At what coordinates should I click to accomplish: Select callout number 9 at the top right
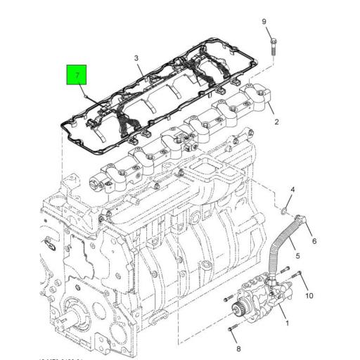265,22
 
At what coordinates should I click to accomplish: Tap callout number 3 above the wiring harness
137,58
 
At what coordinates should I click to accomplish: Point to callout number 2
276,122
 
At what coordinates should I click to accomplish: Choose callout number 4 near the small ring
292,190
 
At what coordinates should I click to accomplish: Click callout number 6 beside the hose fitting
314,241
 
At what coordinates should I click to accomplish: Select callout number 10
309,296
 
